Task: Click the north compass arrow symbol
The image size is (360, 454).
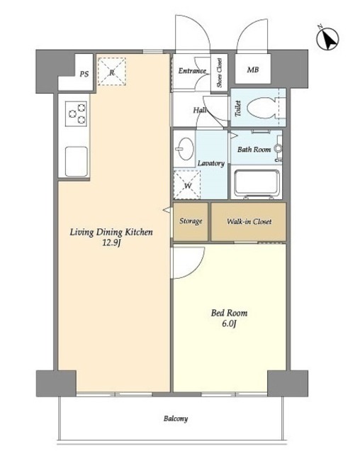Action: pyautogui.click(x=328, y=39)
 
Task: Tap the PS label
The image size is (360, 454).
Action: pyautogui.click(x=84, y=74)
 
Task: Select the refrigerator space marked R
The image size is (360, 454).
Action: pyautogui.click(x=112, y=72)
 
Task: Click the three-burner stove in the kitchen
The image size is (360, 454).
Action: pyautogui.click(x=76, y=113)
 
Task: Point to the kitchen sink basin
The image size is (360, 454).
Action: pyautogui.click(x=77, y=162)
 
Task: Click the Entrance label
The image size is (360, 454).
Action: pyautogui.click(x=192, y=71)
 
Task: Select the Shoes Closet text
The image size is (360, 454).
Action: pyautogui.click(x=220, y=72)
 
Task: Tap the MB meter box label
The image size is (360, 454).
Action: pyautogui.click(x=253, y=70)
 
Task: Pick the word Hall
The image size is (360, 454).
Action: pyautogui.click(x=200, y=111)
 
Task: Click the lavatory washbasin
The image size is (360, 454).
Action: pyautogui.click(x=186, y=149)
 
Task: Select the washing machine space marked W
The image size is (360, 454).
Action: pyautogui.click(x=187, y=185)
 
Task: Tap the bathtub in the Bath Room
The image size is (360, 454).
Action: pyautogui.click(x=257, y=183)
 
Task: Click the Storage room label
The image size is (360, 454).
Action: pyautogui.click(x=191, y=221)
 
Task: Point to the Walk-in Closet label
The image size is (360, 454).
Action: pyautogui.click(x=249, y=222)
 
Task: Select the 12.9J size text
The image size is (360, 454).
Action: pyautogui.click(x=111, y=243)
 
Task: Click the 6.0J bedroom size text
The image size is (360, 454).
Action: pyautogui.click(x=230, y=323)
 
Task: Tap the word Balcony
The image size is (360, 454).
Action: pyautogui.click(x=176, y=419)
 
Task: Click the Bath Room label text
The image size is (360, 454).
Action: pyautogui.click(x=254, y=150)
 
